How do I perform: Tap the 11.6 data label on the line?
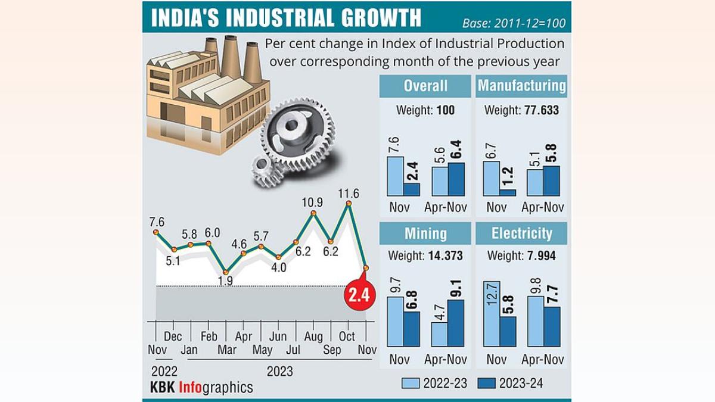click(349, 194)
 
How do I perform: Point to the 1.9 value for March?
click(226, 281)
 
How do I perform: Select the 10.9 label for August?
click(313, 202)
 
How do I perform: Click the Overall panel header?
click(425, 85)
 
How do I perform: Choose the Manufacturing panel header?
click(521, 85)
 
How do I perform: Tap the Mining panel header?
click(425, 233)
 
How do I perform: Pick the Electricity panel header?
click(521, 233)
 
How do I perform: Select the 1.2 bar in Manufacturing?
click(508, 192)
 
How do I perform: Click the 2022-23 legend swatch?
click(411, 383)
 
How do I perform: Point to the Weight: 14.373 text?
click(425, 255)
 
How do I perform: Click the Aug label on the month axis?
click(313, 337)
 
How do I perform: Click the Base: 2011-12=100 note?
click(514, 24)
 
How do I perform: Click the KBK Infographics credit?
click(201, 388)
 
